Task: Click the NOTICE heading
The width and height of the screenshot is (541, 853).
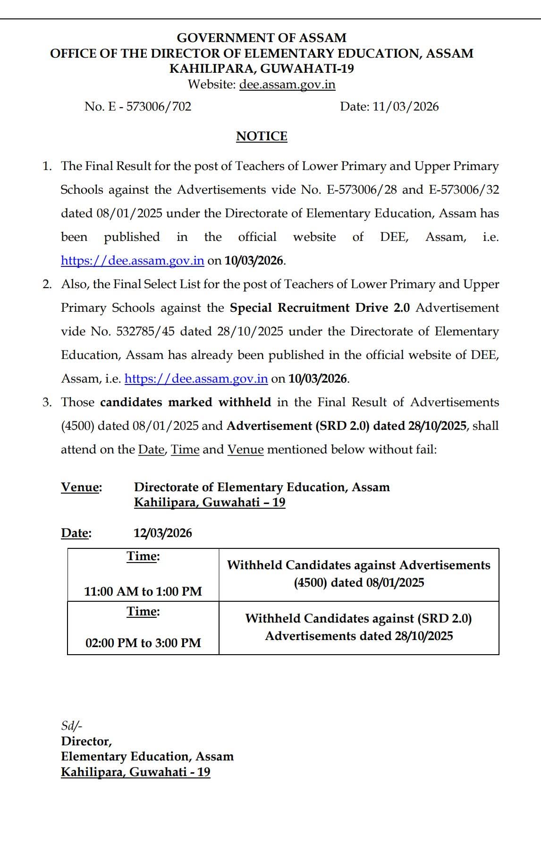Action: click(262, 136)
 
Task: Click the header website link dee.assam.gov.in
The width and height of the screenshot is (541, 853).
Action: click(287, 85)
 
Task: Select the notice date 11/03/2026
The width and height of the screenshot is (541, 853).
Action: click(406, 106)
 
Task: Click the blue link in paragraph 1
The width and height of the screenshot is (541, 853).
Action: click(132, 261)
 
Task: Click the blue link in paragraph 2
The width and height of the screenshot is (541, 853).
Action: click(196, 379)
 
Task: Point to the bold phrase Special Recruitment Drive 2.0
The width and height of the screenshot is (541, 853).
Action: click(320, 308)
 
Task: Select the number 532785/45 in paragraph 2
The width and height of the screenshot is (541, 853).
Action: click(145, 332)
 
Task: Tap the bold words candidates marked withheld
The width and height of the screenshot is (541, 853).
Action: click(186, 402)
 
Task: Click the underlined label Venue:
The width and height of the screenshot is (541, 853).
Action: click(81, 487)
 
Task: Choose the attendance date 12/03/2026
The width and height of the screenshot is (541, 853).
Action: click(162, 533)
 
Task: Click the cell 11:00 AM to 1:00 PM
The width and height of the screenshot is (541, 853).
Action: click(143, 591)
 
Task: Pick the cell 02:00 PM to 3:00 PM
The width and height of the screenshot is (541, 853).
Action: click(143, 643)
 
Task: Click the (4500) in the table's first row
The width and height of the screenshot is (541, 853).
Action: click(310, 583)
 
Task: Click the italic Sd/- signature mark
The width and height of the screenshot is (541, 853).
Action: click(71, 726)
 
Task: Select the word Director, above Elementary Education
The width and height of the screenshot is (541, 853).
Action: click(86, 741)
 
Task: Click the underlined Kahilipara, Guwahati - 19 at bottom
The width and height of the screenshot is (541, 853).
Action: click(135, 772)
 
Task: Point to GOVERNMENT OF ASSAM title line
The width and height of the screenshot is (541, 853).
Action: click(262, 38)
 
